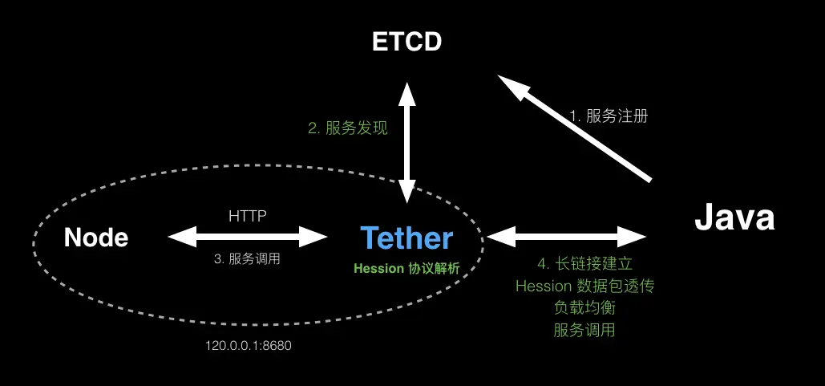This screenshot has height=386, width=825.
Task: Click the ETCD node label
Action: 407,43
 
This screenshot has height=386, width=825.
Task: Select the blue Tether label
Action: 406,238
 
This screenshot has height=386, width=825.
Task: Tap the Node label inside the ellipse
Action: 96,238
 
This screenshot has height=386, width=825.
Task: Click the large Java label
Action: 734,217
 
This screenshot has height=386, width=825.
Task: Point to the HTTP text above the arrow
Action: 248,216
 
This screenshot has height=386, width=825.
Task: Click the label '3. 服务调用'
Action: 248,259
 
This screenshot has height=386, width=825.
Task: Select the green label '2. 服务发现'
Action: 348,128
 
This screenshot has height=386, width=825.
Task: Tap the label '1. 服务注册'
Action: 609,116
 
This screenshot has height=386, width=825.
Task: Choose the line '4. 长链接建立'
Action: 584,264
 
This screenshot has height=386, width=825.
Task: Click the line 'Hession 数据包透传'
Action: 584,286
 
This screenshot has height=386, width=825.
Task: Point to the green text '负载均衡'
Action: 584,307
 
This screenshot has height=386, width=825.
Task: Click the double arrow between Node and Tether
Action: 248,236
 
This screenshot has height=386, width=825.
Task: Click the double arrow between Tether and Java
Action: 566,236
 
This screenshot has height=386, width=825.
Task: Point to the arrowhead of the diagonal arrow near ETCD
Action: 510,85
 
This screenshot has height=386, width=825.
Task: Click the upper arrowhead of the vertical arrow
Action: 407,91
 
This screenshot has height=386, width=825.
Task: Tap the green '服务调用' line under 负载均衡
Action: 584,329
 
